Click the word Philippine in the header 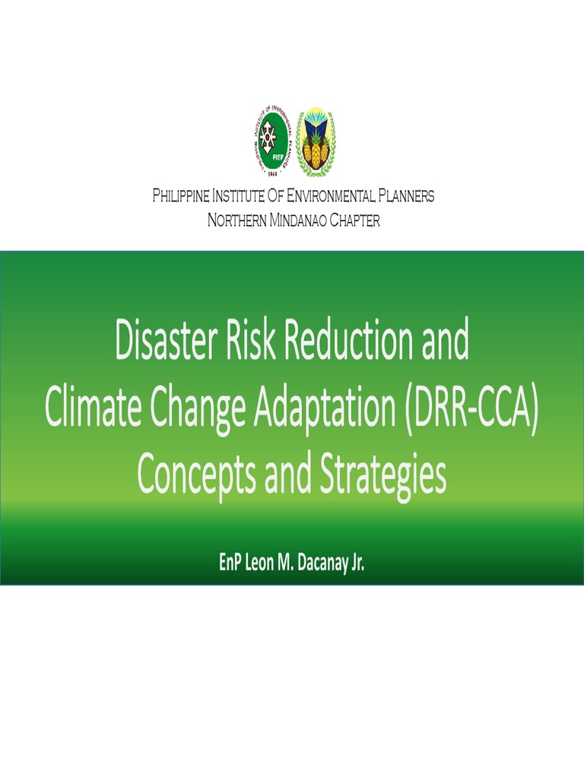pos(179,196)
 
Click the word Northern pos(234,221)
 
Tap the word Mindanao pos(298,221)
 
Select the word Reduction pos(349,342)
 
